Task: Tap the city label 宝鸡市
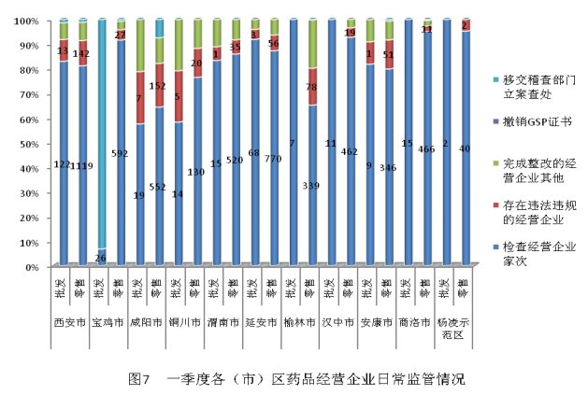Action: coord(110,323)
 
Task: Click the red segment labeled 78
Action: coord(311,87)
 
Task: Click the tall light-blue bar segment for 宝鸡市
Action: coord(101,131)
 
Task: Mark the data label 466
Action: coord(426,148)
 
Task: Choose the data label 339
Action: coord(311,186)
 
